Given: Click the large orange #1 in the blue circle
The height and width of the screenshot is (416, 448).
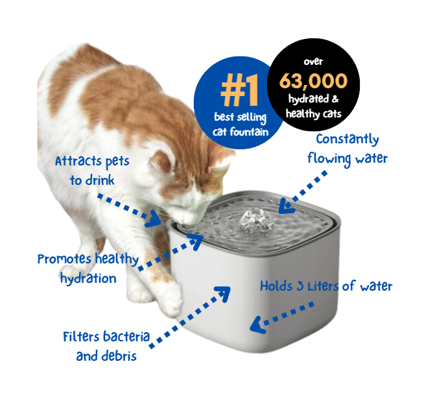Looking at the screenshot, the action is [240, 90].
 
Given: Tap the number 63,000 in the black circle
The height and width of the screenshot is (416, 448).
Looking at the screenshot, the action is [313, 81].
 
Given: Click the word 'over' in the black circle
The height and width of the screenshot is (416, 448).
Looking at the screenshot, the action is [313, 62].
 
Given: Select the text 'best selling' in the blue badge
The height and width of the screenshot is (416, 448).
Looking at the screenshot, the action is [241, 117].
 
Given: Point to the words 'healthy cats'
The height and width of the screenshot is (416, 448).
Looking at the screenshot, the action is [314, 114].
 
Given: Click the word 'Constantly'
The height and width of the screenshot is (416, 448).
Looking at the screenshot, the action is [348, 140].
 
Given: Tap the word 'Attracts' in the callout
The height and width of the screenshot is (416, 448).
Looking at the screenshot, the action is [79, 161].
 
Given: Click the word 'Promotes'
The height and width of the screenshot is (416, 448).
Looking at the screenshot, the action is [64, 260].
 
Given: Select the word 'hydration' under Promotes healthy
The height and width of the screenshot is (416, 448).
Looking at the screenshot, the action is [88, 278].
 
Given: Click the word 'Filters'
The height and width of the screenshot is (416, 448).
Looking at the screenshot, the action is [80, 337].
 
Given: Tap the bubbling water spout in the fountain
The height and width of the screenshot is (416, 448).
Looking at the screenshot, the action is [255, 221].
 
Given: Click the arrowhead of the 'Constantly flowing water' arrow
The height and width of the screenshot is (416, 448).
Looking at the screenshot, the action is [286, 206].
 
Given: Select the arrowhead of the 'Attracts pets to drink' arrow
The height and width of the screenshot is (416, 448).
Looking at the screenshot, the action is [154, 219].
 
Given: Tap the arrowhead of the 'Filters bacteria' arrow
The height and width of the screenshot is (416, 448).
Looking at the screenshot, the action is [224, 293].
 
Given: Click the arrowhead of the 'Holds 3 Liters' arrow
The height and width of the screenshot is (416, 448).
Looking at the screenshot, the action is [257, 325].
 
